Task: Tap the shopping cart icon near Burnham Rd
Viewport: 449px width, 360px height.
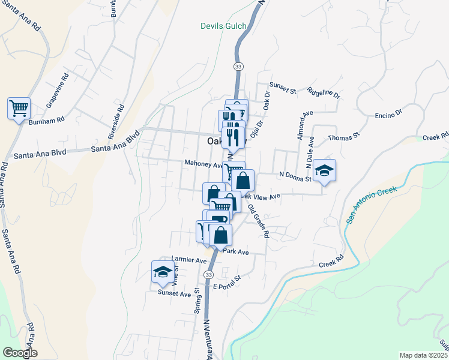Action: click(19, 109)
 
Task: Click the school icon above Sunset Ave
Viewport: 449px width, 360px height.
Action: click(162, 272)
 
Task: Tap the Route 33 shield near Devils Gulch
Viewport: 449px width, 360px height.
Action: click(238, 65)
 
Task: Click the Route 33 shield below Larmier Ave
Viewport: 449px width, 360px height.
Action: click(208, 274)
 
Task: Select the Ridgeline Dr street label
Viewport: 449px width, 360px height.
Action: click(324, 94)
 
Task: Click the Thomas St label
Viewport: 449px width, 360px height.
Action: click(343, 137)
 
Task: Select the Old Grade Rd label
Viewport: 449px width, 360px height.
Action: click(259, 220)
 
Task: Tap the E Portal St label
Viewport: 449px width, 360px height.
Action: click(227, 282)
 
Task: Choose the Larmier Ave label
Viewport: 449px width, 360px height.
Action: click(188, 260)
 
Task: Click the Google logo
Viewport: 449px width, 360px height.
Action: click(20, 353)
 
